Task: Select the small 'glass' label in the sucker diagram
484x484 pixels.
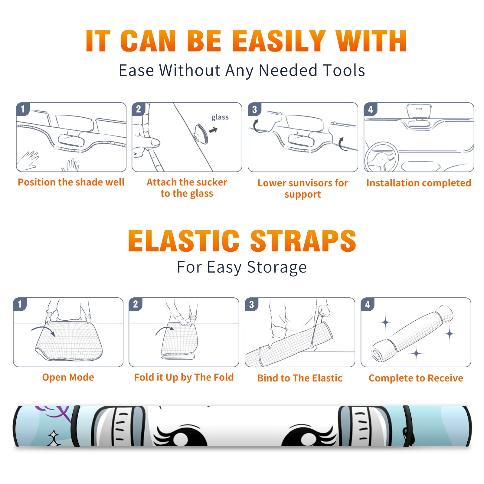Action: tap(220, 117)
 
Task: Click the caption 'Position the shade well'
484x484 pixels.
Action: tap(71, 182)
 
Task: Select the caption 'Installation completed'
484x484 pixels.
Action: tap(419, 183)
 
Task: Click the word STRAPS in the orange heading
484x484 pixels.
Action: tap(303, 241)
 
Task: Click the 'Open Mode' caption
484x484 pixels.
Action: tap(68, 377)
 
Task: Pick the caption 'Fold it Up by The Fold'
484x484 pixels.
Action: tap(184, 377)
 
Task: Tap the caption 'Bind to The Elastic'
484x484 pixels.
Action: tap(300, 378)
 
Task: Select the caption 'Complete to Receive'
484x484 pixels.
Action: tap(416, 378)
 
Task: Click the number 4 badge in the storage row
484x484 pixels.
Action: tap(368, 304)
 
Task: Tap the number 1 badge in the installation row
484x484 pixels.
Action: tap(23, 109)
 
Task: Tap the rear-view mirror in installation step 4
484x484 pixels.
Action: tap(419, 111)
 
